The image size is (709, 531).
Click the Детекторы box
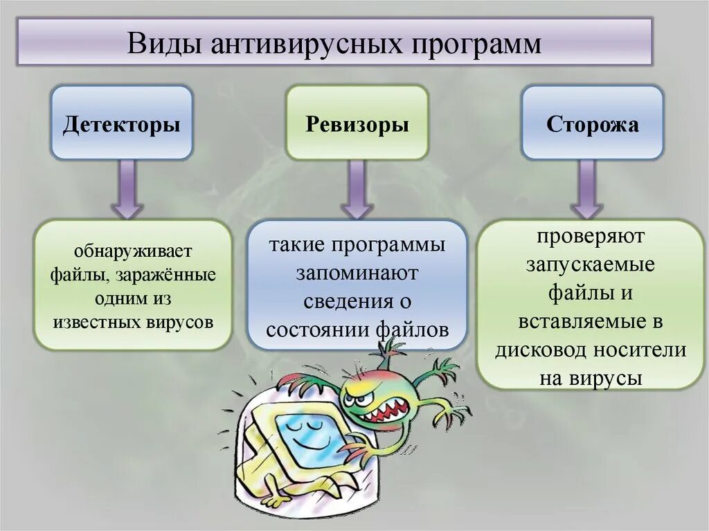[x=122, y=123]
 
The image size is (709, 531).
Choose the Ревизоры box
[x=357, y=123]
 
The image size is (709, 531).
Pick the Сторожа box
[x=592, y=123]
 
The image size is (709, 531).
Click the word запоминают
[x=357, y=273]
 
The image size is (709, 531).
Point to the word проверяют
[x=591, y=236]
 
